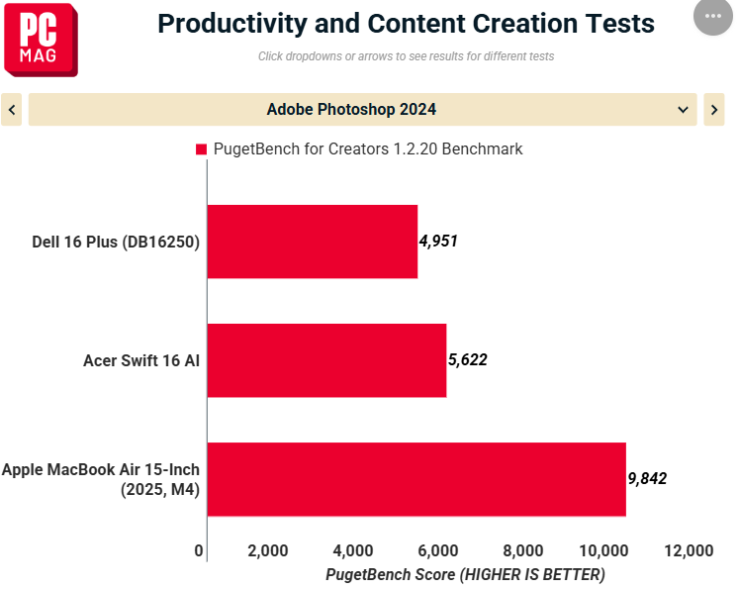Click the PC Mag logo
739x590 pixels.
click(41, 40)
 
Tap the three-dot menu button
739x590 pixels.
click(712, 16)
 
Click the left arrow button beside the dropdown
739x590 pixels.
click(11, 110)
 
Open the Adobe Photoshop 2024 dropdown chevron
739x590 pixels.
click(683, 110)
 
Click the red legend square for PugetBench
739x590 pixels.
click(201, 149)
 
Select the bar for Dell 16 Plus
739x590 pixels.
click(313, 242)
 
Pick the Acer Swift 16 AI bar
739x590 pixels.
click(326, 360)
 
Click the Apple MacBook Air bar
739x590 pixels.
click(416, 479)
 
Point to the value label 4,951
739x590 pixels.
click(438, 241)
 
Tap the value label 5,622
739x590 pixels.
click(468, 360)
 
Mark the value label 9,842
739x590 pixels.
click(647, 479)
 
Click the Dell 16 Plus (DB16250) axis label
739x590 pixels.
click(116, 242)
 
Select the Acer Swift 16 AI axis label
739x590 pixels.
click(141, 360)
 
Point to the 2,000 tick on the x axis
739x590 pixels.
click(268, 550)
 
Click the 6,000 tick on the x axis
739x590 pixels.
click(438, 550)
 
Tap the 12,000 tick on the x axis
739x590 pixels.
click(689, 550)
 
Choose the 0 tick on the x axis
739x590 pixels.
click(199, 550)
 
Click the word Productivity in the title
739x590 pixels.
click(232, 24)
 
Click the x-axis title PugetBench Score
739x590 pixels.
click(391, 574)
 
